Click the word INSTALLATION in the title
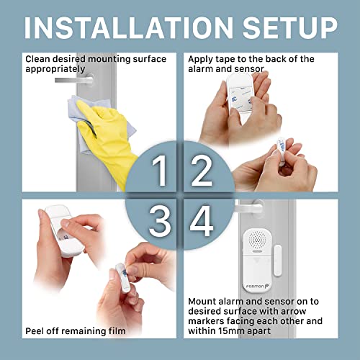129,28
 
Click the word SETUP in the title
290,28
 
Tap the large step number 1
159,171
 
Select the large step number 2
202,171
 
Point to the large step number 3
160,221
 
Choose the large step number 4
202,221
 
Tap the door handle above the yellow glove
74,79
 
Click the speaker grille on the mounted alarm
258,240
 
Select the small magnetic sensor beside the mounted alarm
277,261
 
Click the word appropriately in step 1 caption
55,69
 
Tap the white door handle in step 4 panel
248,207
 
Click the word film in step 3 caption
117,331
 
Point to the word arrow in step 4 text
293,311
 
